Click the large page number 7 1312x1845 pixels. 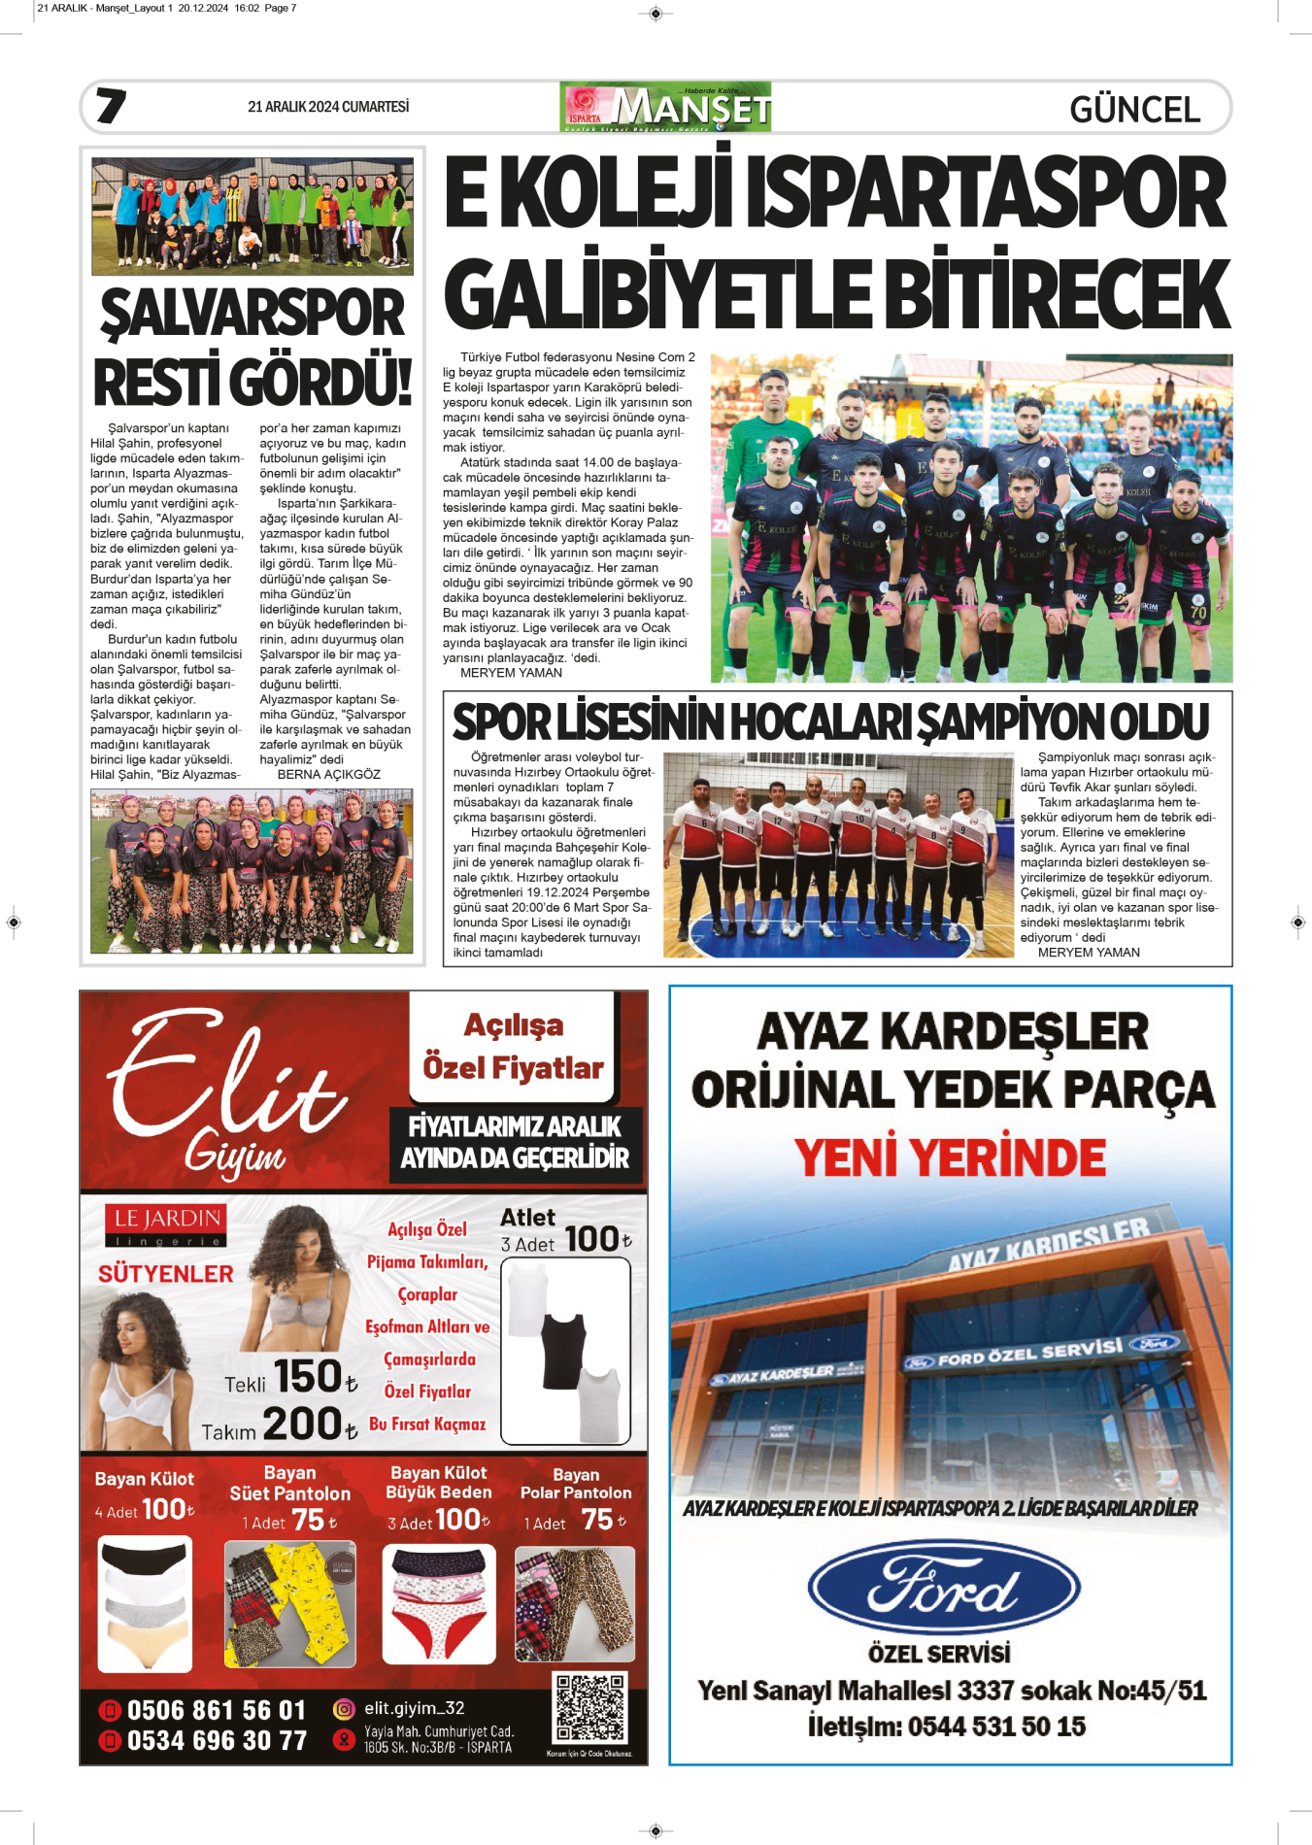coord(111,106)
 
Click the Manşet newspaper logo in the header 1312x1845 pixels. coord(665,107)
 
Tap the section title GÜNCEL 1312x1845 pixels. coord(1134,110)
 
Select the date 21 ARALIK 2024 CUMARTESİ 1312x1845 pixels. coord(328,107)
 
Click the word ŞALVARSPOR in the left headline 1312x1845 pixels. coord(252,313)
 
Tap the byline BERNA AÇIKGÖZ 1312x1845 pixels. coord(328,775)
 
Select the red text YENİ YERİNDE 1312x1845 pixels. coord(950,1157)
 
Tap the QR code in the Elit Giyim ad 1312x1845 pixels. coord(589,1708)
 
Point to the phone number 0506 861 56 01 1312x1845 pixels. coord(216,1710)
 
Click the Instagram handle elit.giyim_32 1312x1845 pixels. coord(414,1708)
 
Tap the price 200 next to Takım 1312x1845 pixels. coord(301,1425)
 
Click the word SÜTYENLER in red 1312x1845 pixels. coord(166,1274)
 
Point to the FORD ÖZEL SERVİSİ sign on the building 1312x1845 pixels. coord(1029,1354)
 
